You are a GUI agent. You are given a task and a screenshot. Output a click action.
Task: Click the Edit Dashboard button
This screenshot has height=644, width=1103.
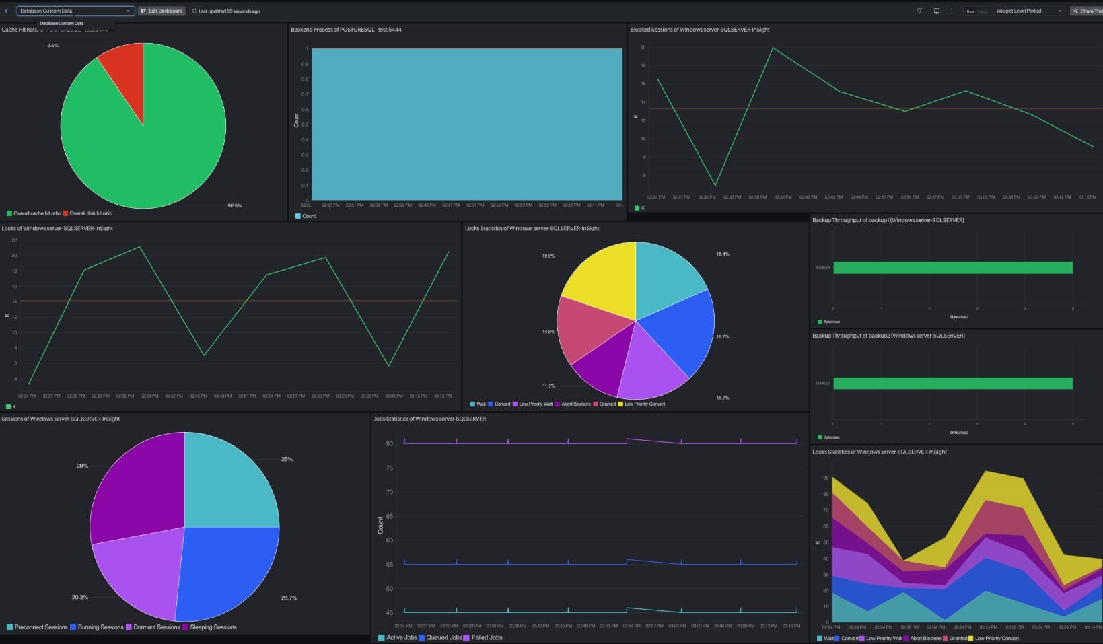pos(162,11)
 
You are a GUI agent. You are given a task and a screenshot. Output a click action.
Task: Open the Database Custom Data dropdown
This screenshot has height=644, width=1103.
pos(75,11)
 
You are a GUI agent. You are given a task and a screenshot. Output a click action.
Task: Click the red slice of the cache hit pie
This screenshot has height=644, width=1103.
pos(125,71)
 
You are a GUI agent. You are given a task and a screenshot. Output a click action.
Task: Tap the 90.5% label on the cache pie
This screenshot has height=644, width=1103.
pos(234,205)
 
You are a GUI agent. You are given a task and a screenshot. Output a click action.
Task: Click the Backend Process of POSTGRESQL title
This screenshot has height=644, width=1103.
pos(346,30)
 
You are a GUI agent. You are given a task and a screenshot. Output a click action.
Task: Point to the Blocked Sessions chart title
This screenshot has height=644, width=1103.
pos(699,30)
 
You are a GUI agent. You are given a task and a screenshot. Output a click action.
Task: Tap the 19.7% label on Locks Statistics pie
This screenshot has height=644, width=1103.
pos(722,336)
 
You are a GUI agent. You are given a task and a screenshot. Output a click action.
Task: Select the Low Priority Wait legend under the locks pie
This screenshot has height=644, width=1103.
pos(535,404)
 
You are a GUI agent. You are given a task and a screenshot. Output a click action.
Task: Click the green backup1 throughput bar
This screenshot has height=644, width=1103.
pos(952,268)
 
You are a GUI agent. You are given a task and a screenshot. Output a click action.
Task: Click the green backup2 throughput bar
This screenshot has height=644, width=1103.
pos(952,384)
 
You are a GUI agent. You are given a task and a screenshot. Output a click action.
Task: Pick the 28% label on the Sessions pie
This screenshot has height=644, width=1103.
pos(82,466)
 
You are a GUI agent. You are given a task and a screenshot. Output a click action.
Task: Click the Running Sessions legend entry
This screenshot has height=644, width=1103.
pos(100,627)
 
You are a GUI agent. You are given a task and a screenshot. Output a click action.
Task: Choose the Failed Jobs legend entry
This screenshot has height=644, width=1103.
pos(486,637)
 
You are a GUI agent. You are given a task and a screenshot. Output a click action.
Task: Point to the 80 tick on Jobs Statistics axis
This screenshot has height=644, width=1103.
pos(389,443)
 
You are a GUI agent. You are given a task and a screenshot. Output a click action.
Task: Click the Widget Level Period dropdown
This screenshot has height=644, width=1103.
pos(1028,11)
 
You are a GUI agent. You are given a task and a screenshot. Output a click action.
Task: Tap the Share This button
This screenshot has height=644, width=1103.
pos(1087,11)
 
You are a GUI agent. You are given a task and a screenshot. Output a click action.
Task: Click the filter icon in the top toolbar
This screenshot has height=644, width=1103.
pos(919,11)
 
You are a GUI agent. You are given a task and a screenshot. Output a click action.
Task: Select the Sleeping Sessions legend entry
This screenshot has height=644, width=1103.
pos(213,627)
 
